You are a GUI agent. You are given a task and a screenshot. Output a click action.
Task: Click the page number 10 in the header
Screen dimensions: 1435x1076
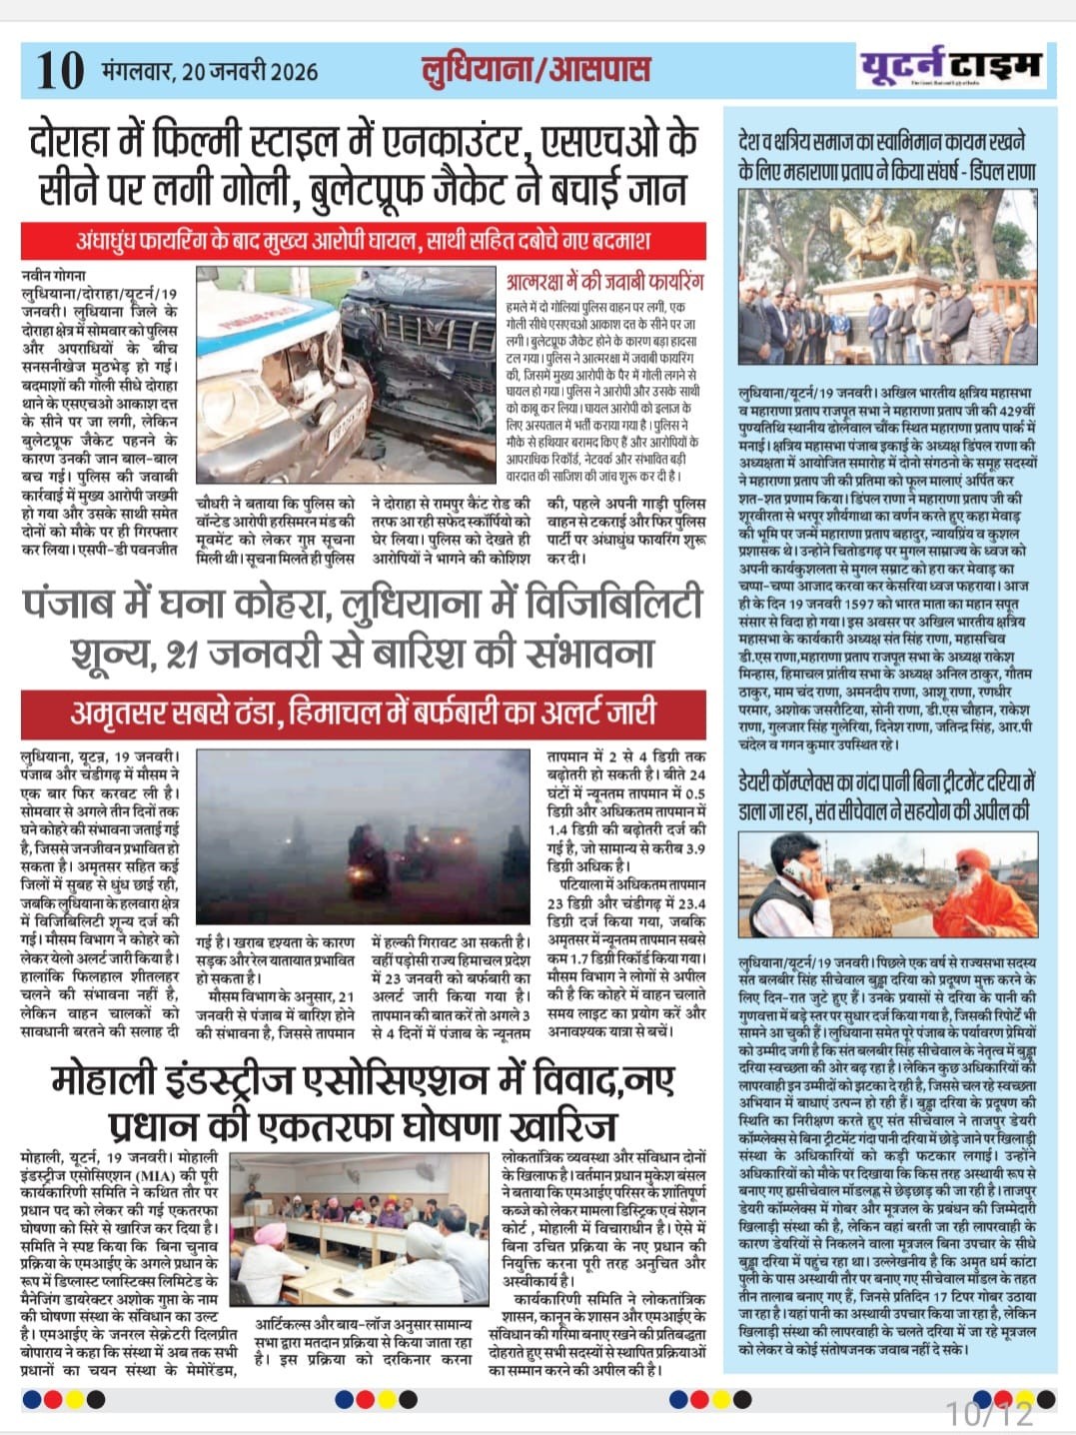click(60, 70)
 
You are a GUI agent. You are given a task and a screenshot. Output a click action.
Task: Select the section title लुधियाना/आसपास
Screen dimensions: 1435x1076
click(536, 69)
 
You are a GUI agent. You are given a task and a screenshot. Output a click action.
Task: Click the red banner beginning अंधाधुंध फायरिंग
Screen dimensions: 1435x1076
click(364, 241)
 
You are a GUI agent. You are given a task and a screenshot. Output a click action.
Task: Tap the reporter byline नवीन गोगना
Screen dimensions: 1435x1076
click(54, 274)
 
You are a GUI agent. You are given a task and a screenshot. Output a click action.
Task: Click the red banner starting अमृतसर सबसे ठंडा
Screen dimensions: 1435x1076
click(364, 713)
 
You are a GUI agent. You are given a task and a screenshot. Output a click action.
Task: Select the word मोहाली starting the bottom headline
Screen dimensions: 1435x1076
click(110, 1080)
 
